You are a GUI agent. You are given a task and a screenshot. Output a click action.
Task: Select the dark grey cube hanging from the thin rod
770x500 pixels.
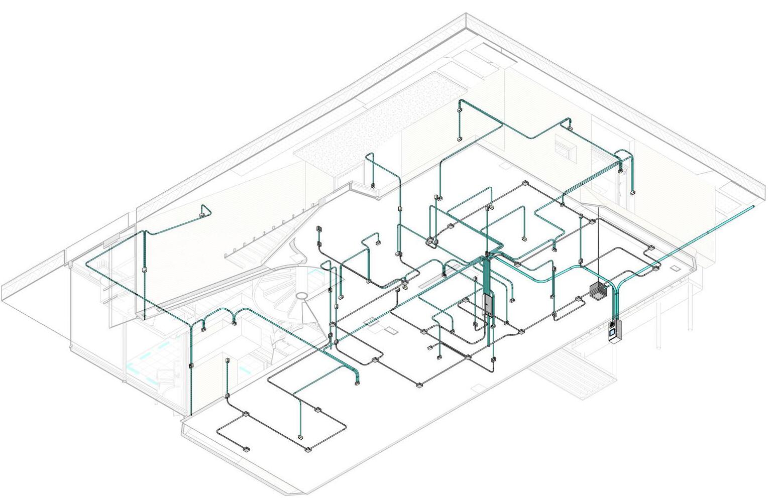point(598,291)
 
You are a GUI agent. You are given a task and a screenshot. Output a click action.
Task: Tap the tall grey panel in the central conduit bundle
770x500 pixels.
point(487,304)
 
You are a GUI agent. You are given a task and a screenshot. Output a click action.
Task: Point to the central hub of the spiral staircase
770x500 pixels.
point(301,296)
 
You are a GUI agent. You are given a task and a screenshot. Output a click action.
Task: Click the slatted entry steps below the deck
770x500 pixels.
point(573,374)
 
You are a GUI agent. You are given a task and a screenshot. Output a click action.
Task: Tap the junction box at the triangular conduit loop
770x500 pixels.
point(201,215)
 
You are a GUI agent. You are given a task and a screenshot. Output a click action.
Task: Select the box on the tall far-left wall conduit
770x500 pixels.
point(145,271)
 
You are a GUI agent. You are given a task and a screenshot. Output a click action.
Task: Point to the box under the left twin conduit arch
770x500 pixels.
point(203,329)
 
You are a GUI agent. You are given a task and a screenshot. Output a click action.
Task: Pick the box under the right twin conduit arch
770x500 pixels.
point(234,323)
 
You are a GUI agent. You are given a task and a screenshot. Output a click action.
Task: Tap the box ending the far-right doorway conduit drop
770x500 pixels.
point(632,192)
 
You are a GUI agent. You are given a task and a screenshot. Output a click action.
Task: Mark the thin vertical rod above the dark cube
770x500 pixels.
point(598,246)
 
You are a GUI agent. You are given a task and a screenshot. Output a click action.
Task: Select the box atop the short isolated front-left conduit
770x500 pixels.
point(227,360)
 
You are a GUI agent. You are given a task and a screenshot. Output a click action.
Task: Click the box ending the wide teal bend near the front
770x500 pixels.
point(357,383)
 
